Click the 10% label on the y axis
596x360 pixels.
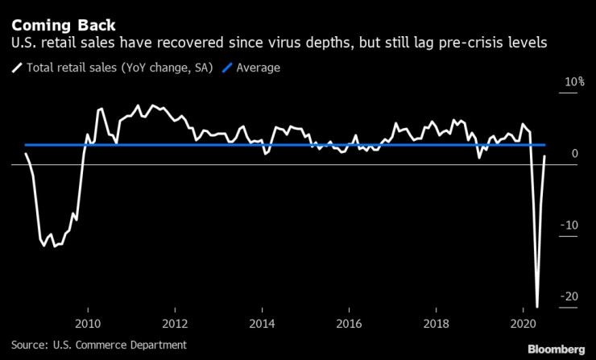tap(573, 82)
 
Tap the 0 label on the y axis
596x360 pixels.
tap(573, 153)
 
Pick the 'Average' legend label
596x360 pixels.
tap(259, 68)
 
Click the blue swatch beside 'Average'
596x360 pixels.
tap(228, 68)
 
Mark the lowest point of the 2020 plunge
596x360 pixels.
tap(537, 306)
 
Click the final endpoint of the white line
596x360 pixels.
tap(545, 156)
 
